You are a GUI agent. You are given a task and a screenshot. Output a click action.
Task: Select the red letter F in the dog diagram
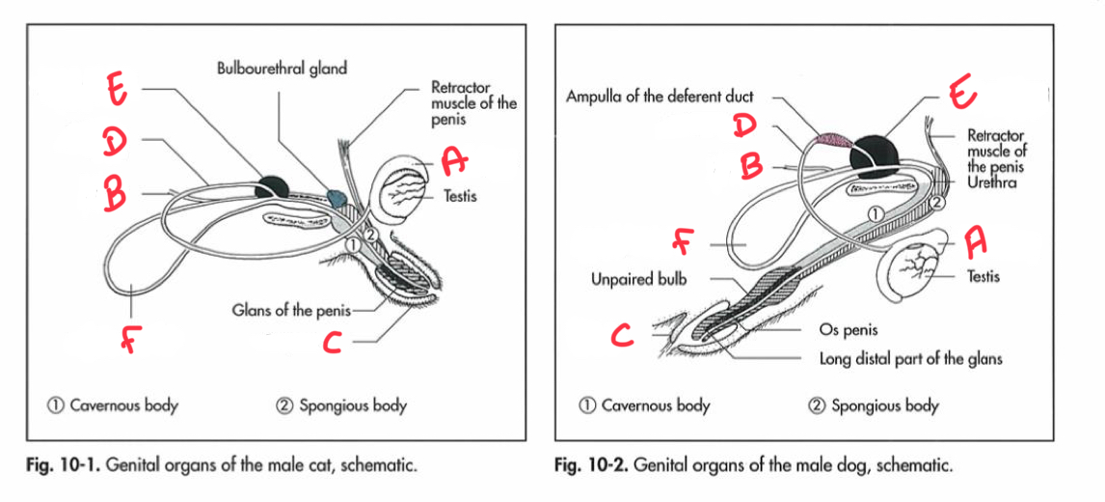tap(684, 242)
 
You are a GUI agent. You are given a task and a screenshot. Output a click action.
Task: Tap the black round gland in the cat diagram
tap(270, 185)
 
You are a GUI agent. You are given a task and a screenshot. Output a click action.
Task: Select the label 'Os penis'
tap(849, 330)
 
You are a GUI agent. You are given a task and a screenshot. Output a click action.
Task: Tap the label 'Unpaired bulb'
tap(637, 279)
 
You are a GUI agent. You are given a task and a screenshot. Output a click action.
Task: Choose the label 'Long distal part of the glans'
tap(910, 359)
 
